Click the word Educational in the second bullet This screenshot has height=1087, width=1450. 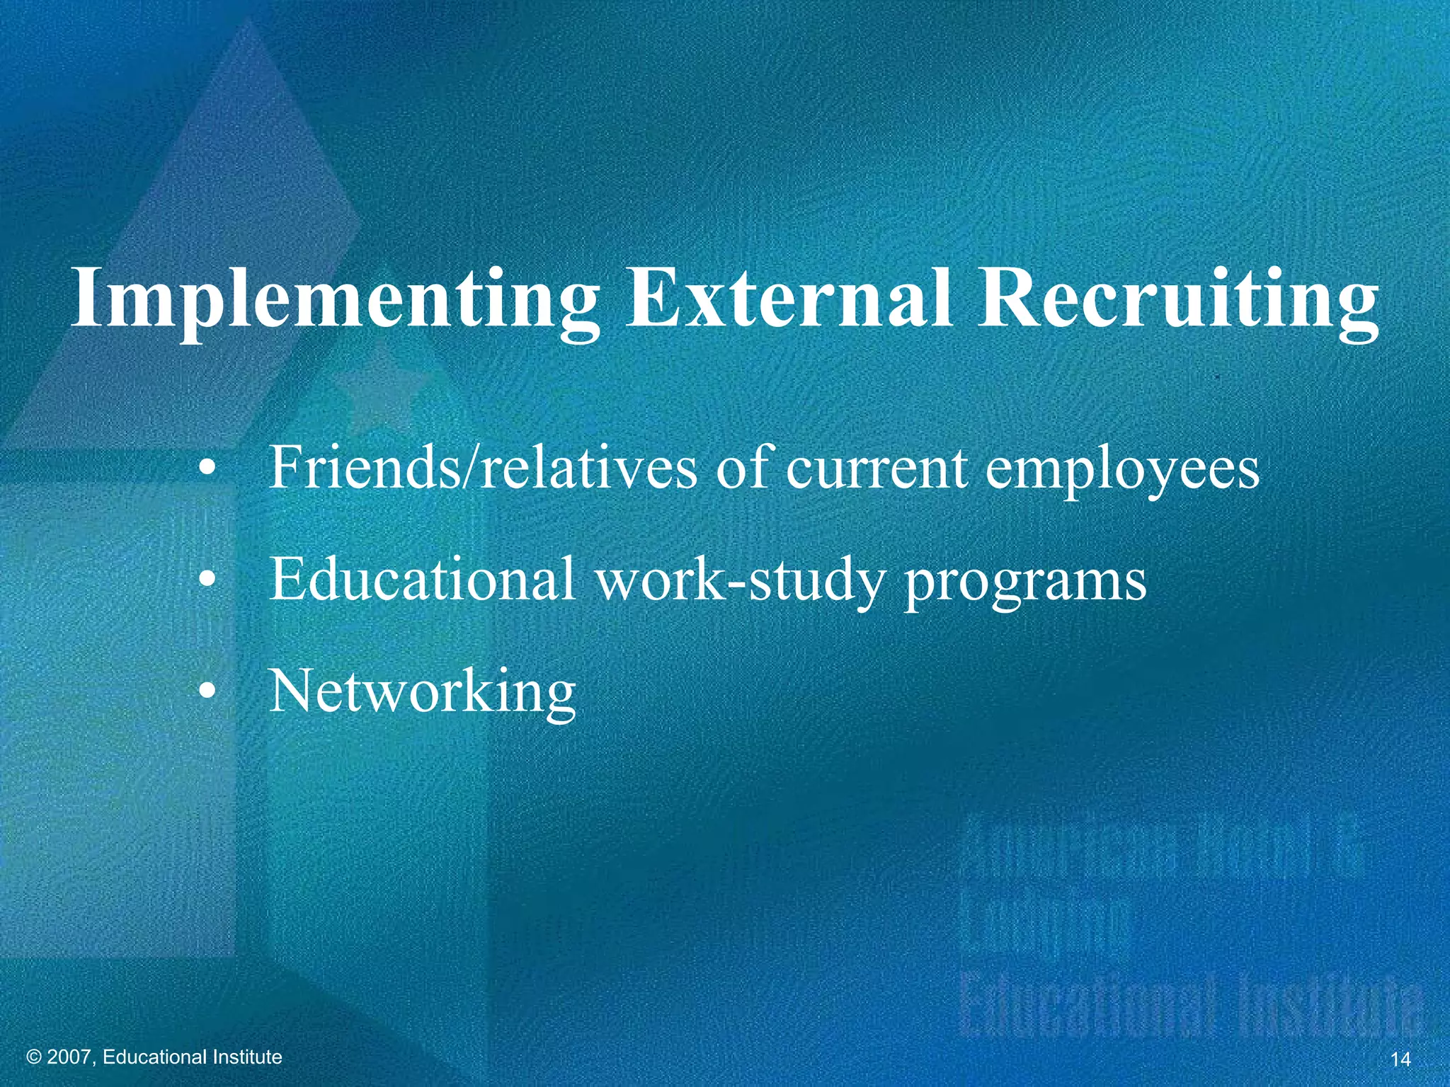[422, 580]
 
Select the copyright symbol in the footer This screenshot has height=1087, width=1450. [33, 1057]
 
